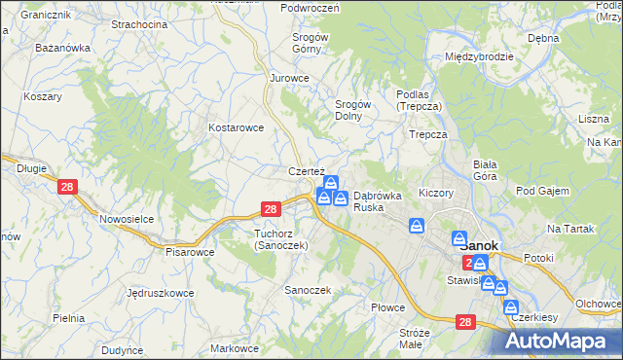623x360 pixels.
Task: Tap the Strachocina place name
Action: click(139, 23)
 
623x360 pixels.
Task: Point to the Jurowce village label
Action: click(289, 78)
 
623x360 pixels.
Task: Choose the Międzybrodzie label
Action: click(478, 56)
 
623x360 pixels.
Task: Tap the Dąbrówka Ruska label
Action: click(377, 200)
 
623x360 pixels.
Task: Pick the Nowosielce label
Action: click(128, 219)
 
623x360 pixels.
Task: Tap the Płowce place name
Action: click(387, 307)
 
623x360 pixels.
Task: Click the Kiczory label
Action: click(435, 193)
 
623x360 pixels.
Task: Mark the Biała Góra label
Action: click(484, 170)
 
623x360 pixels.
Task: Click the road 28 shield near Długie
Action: click(67, 188)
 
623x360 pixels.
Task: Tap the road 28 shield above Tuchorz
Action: click(272, 208)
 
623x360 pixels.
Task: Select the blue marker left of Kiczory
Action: click(417, 227)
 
